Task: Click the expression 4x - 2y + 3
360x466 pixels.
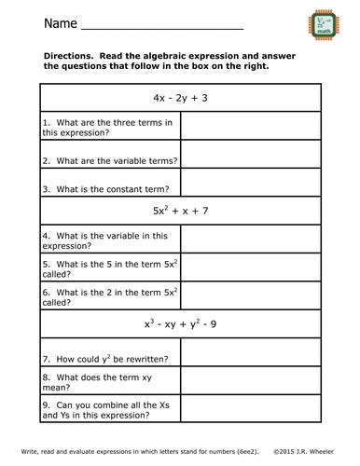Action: [x=180, y=98]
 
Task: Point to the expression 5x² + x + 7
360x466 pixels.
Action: [x=180, y=211]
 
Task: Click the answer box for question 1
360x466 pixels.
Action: [x=250, y=128]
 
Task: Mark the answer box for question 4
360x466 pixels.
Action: [x=250, y=240]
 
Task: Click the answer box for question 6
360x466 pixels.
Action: [x=250, y=297]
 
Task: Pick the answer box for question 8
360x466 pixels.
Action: [x=250, y=383]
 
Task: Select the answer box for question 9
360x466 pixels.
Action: [x=250, y=412]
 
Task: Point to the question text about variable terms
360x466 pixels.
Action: [x=109, y=159]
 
